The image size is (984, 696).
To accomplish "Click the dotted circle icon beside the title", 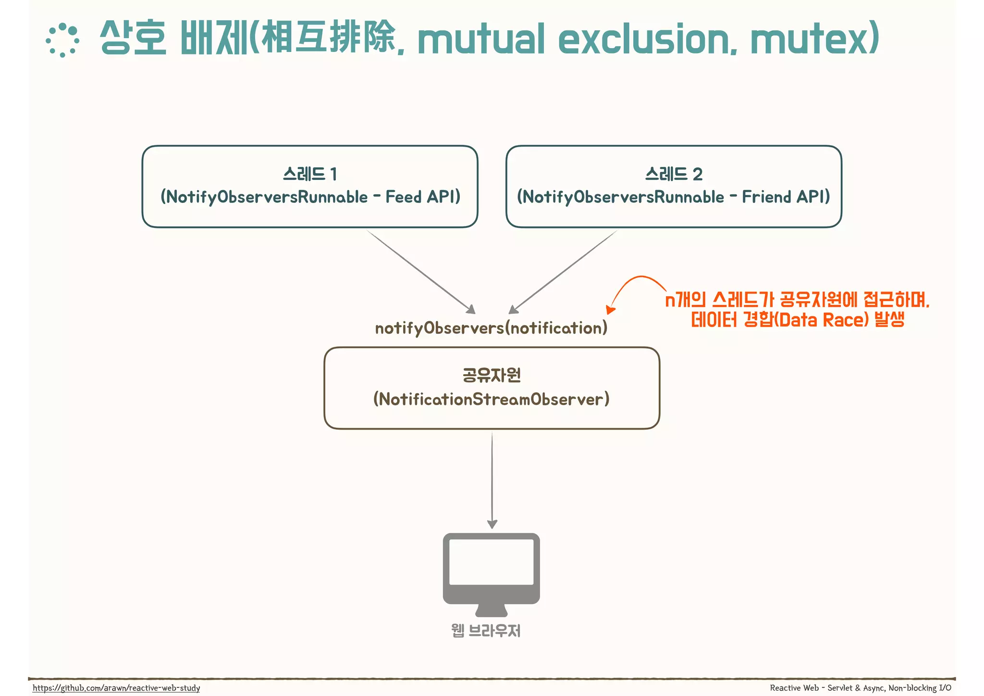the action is tap(62, 40).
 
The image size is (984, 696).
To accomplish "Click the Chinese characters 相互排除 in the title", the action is tap(329, 38).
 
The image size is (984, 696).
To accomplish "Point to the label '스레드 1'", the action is tap(310, 174).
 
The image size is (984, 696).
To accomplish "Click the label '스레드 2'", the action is tap(674, 174).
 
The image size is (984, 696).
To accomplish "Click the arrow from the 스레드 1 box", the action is tap(420, 271).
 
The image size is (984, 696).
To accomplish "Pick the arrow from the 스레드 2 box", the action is tap(563, 271).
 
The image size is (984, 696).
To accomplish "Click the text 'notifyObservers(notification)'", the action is tap(491, 328).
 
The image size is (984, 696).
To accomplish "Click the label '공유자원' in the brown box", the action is tap(492, 375).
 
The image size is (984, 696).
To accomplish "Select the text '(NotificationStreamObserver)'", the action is tap(492, 399).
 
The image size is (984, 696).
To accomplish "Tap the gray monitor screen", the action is tap(491, 562).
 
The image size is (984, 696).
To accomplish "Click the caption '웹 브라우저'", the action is tap(486, 631).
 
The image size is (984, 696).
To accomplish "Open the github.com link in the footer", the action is tap(116, 688).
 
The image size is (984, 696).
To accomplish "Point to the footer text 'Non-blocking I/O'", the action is tap(920, 688).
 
